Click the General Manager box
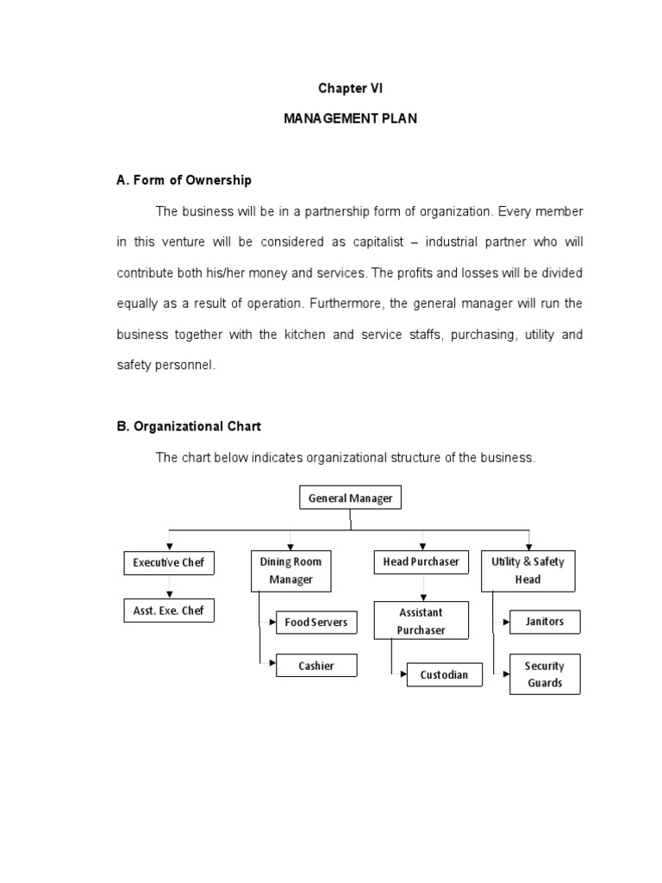[350, 498]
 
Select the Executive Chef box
[168, 563]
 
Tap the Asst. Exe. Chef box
[168, 611]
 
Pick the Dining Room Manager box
[290, 571]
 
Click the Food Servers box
[315, 622]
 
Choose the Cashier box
[315, 666]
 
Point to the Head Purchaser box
[421, 562]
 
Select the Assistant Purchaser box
[421, 621]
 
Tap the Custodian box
[444, 674]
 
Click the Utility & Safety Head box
[528, 571]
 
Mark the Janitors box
[545, 622]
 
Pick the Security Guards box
[545, 674]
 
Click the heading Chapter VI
[350, 89]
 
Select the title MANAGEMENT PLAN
[350, 119]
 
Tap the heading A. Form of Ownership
[184, 180]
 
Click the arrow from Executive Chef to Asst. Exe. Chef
[169, 589]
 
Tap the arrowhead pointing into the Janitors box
[506, 621]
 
